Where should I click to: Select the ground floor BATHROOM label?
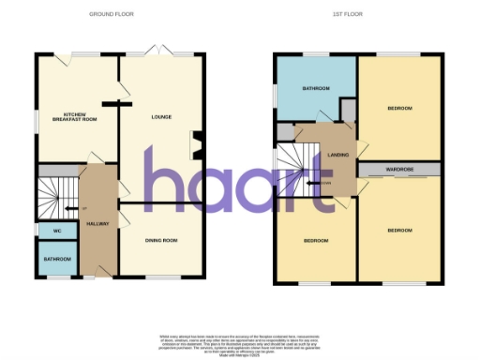coord(55,257)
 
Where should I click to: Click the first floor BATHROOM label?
coord(315,89)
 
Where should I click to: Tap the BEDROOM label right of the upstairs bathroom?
coord(399,108)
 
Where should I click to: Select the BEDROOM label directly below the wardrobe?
coord(401,230)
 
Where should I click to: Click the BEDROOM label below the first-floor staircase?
coord(315,241)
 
